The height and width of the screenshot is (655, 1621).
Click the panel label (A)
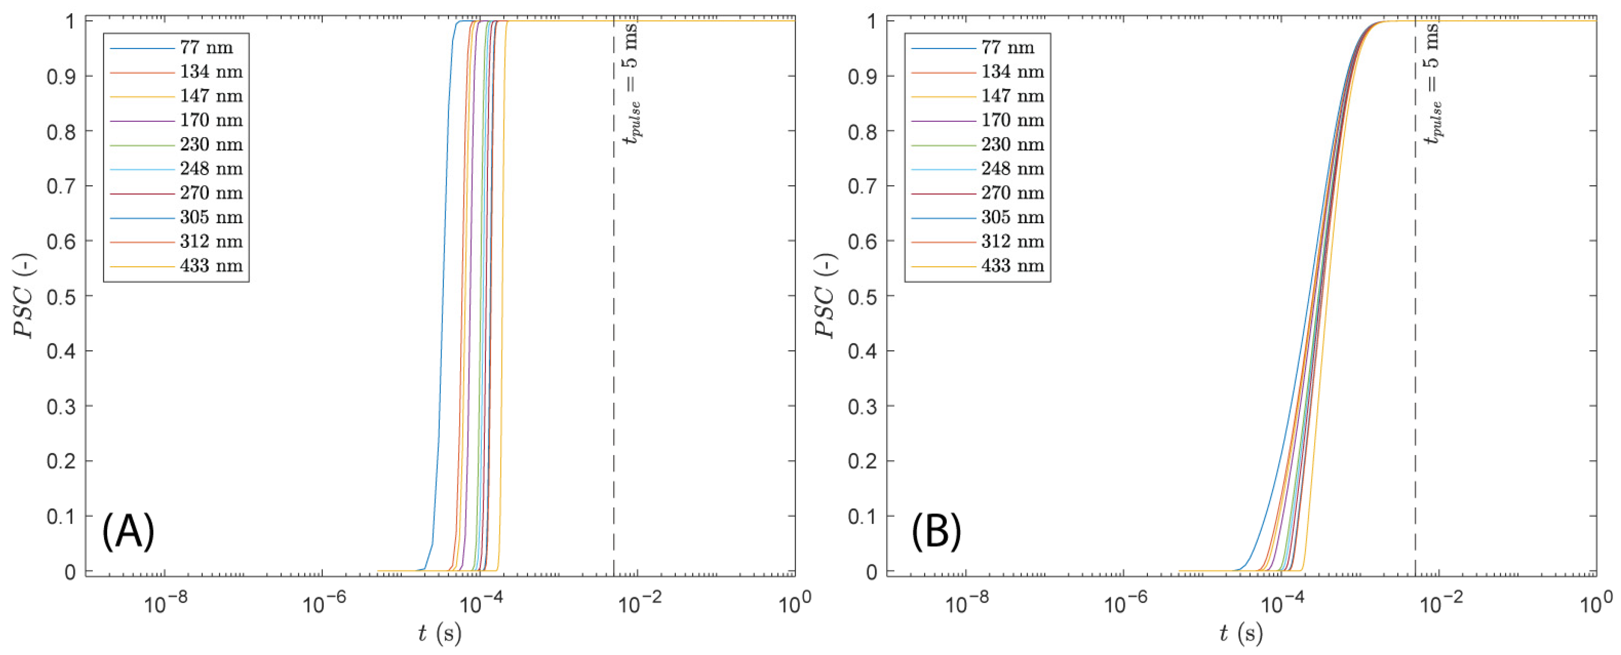click(128, 531)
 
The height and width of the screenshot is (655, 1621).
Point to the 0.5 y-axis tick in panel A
click(61, 296)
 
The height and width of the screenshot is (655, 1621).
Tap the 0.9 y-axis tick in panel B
click(862, 76)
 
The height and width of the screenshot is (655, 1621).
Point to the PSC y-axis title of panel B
click(826, 296)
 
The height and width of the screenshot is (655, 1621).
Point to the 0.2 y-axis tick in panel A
click(61, 461)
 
